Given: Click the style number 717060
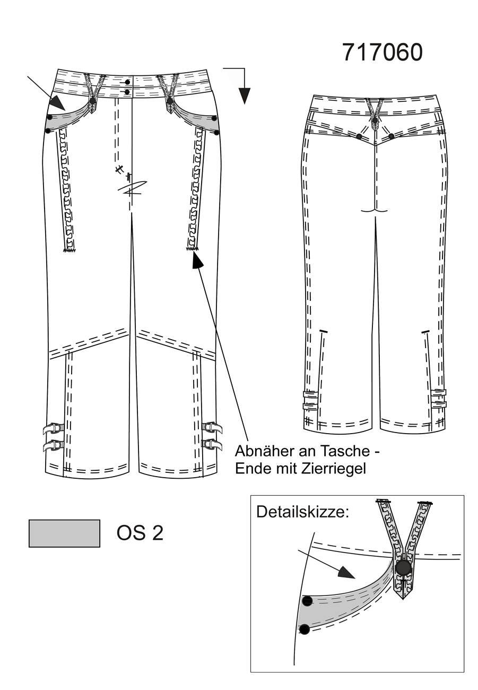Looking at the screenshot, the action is point(382,53).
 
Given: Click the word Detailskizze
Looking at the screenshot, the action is point(302,512).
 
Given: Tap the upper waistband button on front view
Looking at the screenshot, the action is point(127,82).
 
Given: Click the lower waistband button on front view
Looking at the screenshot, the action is point(127,92).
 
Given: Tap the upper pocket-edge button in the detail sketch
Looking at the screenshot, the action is point(308,601).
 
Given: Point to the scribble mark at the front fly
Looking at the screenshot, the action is point(131,186).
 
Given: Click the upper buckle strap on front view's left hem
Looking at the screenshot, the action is point(54,428).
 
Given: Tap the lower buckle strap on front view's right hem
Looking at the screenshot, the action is point(212,444).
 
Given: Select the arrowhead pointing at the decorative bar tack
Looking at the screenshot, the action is point(197,261).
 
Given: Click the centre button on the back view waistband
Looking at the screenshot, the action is point(375,120).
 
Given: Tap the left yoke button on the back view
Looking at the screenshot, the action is point(359,136).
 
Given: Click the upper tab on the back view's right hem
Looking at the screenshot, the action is point(439,393).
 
